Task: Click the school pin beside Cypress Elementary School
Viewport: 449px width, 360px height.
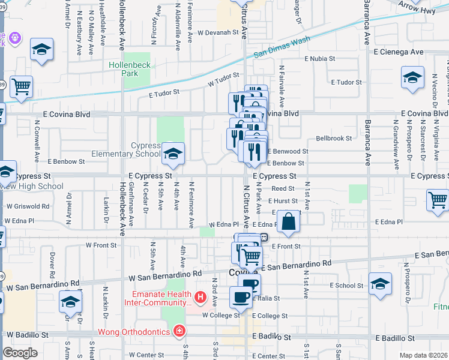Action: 173,155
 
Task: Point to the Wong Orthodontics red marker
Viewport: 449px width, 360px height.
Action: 178,331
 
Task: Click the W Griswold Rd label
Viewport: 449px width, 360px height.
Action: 28,206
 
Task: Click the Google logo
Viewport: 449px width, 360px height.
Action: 20,353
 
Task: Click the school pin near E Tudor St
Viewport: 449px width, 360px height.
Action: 412,79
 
